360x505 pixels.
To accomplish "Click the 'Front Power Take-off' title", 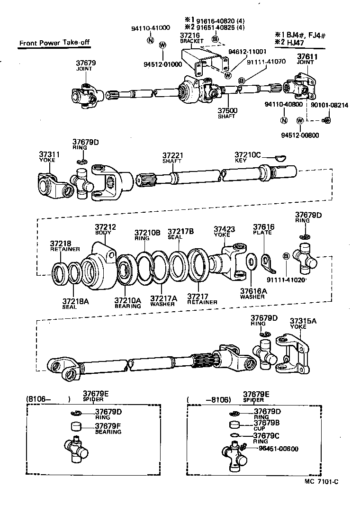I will click(54, 43).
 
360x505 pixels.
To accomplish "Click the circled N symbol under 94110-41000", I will click(150, 40).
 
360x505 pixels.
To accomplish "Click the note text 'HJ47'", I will click(295, 43).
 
